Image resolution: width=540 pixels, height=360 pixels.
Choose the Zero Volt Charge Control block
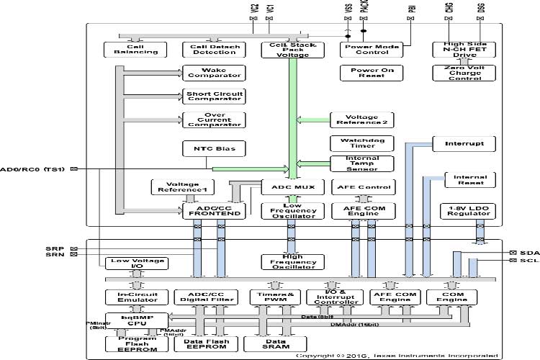click(x=460, y=73)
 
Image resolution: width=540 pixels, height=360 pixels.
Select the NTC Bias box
click(x=214, y=149)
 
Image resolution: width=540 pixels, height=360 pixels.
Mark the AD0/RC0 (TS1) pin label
click(x=32, y=169)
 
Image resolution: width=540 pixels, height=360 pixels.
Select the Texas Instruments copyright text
click(x=396, y=356)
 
